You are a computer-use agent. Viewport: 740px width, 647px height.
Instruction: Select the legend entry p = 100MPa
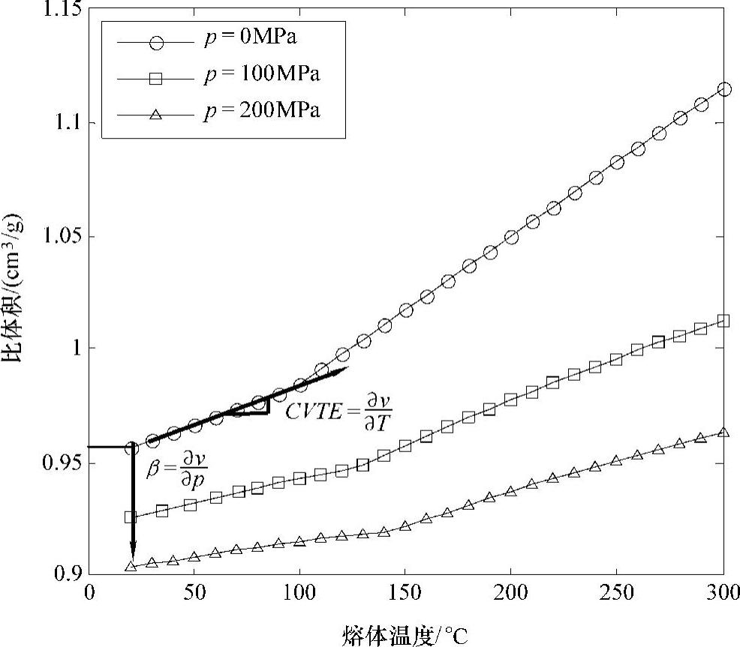click(x=262, y=75)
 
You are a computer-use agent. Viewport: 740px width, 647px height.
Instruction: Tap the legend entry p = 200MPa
click(x=262, y=111)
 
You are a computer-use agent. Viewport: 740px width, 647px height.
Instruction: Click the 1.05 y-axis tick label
click(x=62, y=236)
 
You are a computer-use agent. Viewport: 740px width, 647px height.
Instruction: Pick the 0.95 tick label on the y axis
click(x=62, y=463)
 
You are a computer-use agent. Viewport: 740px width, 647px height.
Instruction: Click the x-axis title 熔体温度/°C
click(x=405, y=634)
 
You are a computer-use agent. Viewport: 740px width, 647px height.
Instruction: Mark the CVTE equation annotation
click(x=339, y=411)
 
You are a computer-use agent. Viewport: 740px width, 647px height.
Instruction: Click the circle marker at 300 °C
click(x=724, y=89)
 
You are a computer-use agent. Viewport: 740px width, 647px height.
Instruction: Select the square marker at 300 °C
click(x=724, y=321)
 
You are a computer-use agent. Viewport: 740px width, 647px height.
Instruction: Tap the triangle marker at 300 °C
click(x=724, y=432)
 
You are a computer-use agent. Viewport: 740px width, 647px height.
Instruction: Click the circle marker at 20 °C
click(x=131, y=448)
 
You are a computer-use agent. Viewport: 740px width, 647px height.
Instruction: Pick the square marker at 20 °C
click(x=131, y=517)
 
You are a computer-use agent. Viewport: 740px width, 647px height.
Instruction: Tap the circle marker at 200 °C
click(x=511, y=237)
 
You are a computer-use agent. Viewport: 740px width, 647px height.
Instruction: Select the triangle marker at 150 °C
click(x=405, y=526)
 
